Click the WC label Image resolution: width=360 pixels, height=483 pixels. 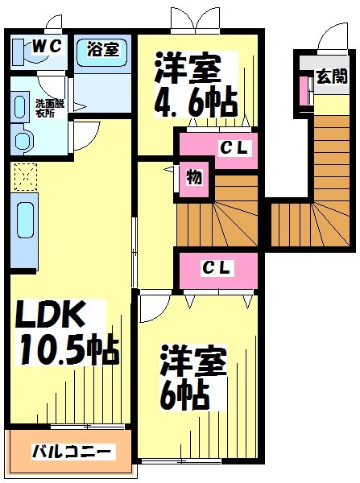[47, 47]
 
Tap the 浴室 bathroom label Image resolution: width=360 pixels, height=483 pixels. [103, 48]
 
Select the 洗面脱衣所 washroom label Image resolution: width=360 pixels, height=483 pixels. [50, 108]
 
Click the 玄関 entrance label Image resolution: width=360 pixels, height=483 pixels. [332, 76]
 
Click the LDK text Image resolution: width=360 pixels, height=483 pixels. [51, 315]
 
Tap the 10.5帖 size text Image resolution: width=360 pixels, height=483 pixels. [69, 349]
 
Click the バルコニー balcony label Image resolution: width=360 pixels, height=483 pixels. [72, 452]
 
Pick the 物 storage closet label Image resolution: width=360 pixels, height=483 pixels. [194, 178]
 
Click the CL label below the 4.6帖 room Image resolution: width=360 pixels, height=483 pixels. [234, 148]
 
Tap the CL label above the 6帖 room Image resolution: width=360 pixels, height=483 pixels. [217, 268]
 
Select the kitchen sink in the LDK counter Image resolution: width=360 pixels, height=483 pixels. [25, 220]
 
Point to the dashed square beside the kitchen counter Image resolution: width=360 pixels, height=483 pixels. [26, 177]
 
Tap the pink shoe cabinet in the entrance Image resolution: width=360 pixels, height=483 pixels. [304, 90]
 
